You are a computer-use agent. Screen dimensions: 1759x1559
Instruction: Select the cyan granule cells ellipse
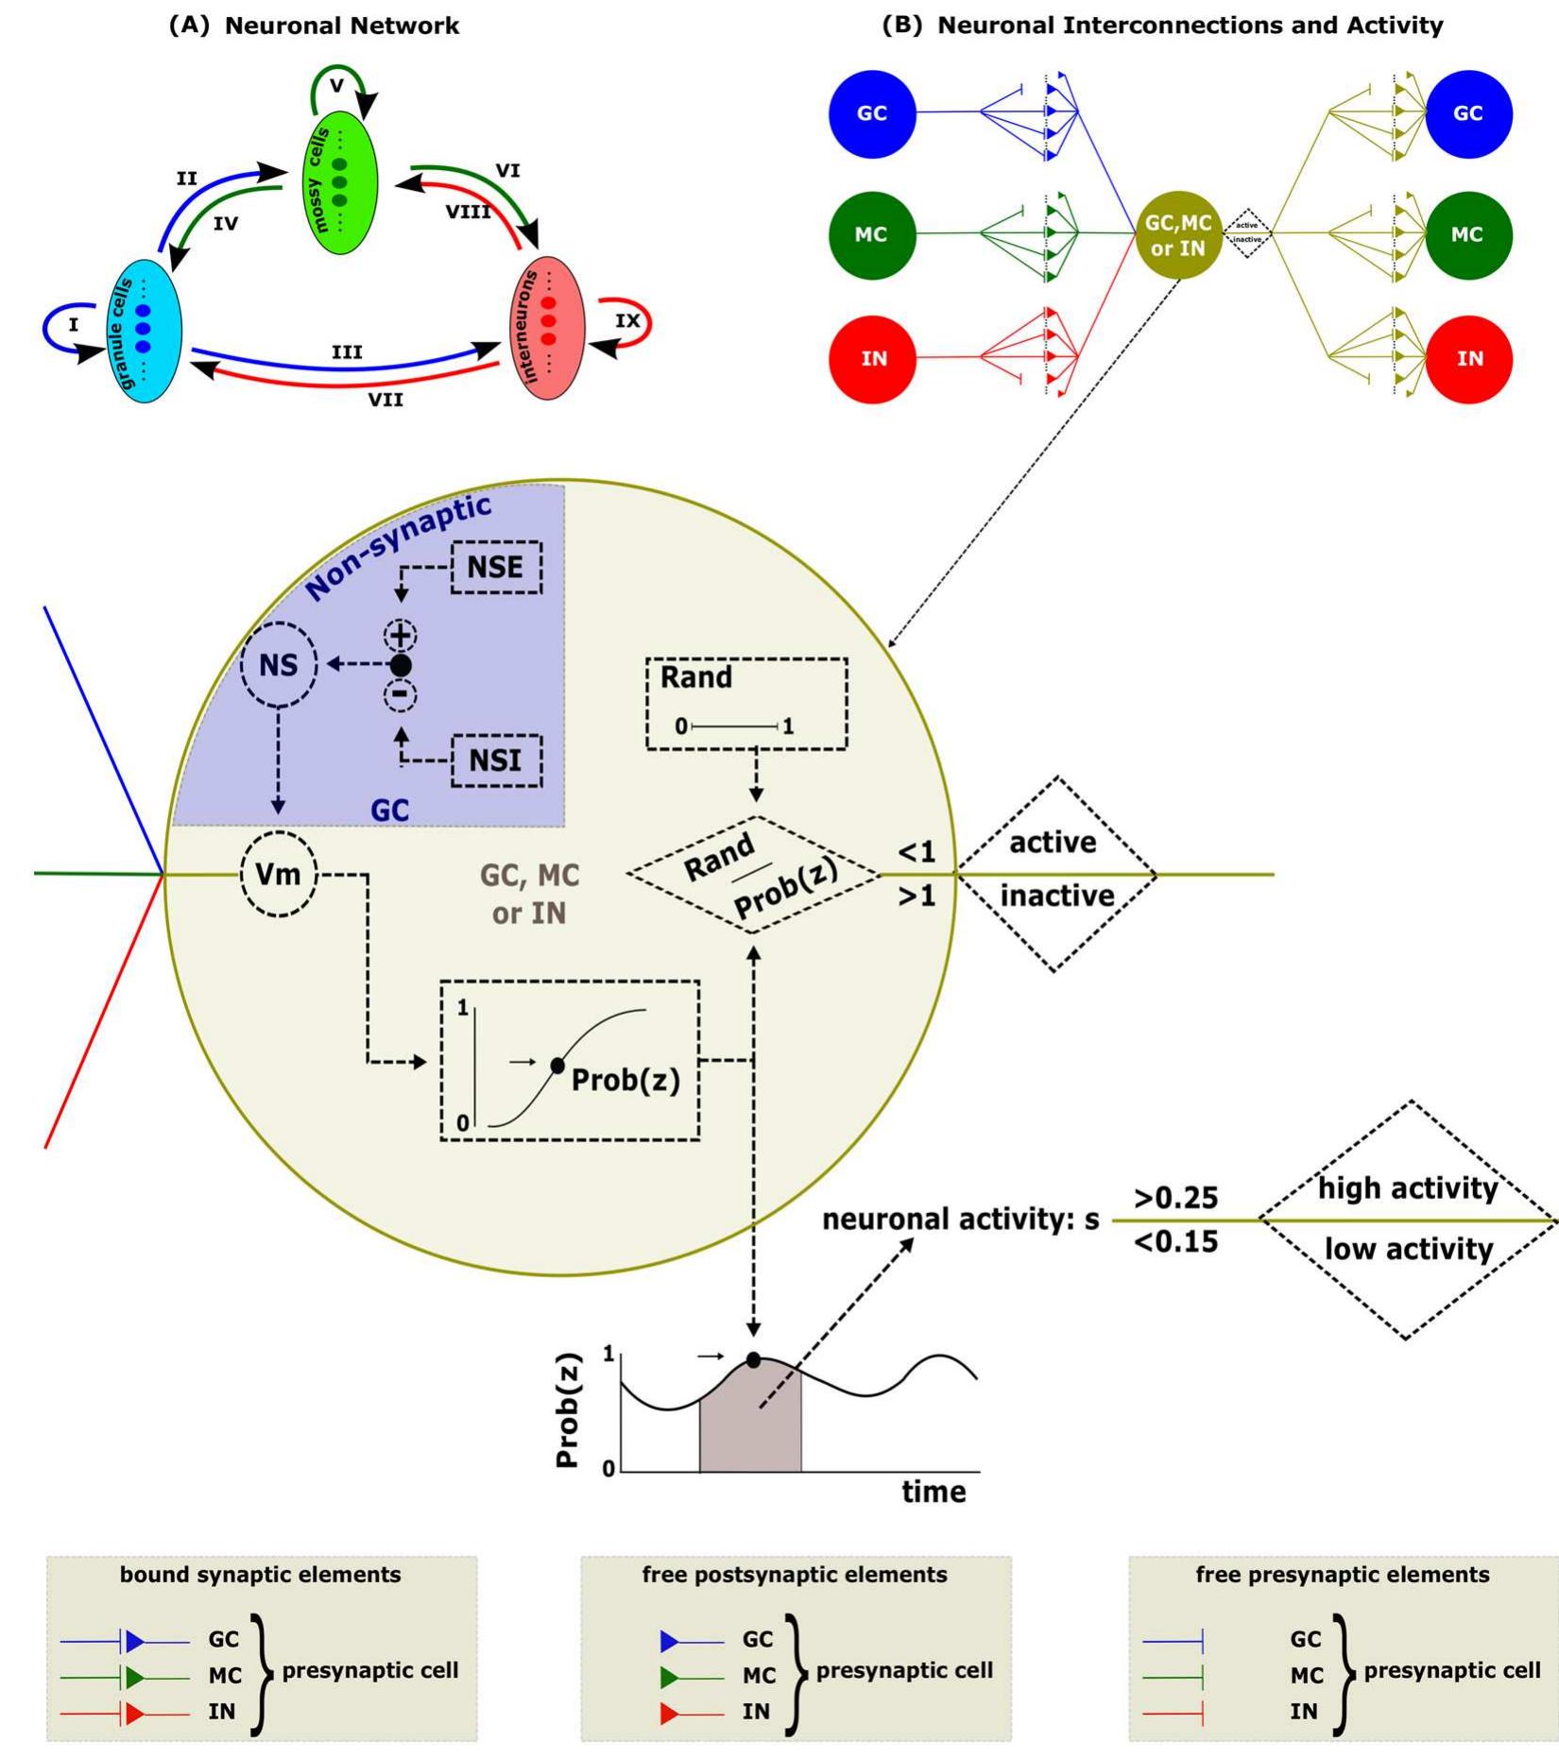(x=144, y=331)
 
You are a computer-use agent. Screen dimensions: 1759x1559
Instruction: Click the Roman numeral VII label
(x=385, y=401)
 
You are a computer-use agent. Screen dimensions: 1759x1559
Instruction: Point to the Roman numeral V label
(x=336, y=86)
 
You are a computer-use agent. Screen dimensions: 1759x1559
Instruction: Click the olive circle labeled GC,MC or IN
(x=1177, y=234)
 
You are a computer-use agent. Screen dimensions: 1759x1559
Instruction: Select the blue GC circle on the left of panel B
(x=871, y=113)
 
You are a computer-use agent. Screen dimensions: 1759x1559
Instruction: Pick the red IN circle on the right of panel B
(x=1468, y=359)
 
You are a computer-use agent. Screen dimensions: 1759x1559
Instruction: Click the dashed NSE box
(x=496, y=567)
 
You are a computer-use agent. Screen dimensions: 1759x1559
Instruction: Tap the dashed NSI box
(x=496, y=760)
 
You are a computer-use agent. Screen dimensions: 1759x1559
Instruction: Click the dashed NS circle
(x=279, y=665)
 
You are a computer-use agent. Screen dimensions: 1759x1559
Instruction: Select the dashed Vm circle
(x=279, y=874)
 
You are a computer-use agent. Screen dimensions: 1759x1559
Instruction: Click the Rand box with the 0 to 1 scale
(x=746, y=704)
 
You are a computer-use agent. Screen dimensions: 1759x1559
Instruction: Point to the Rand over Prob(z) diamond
(x=754, y=875)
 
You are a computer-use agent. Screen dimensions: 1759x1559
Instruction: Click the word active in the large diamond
(x=1053, y=843)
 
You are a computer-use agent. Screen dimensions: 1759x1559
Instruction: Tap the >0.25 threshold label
(x=1175, y=1198)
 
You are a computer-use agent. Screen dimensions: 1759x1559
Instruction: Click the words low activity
(x=1408, y=1250)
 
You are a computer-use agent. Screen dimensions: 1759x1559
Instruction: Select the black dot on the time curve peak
(x=753, y=1360)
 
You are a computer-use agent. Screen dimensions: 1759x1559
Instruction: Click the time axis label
(x=934, y=1492)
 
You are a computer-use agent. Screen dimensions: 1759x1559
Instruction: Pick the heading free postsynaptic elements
(x=795, y=1575)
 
